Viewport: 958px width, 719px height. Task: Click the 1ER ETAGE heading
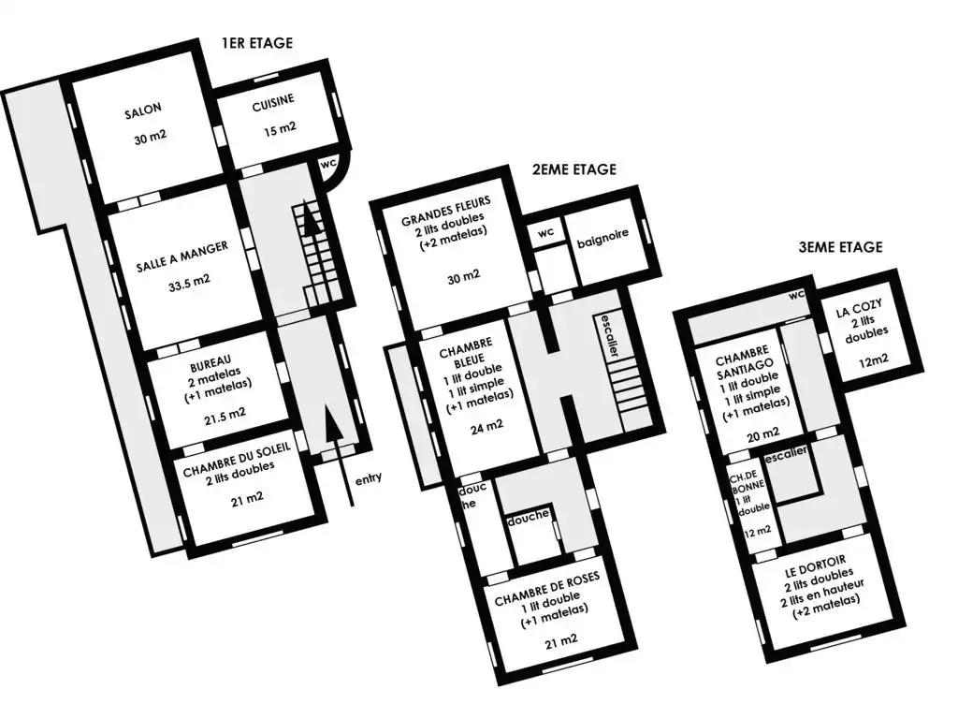(257, 43)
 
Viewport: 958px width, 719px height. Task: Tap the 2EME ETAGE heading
(573, 169)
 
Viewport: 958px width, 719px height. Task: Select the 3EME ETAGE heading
(841, 247)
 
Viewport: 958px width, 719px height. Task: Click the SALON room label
(143, 111)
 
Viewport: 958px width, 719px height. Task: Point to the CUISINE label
(273, 103)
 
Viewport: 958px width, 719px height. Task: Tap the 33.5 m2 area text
(189, 282)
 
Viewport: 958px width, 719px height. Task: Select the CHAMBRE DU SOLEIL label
(237, 458)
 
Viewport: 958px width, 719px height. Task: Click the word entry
(369, 478)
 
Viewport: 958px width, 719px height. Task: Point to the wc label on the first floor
(328, 163)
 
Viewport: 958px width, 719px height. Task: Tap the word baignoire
(602, 239)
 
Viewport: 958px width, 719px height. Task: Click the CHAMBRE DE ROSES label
(546, 589)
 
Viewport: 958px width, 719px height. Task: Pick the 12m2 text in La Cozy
(874, 360)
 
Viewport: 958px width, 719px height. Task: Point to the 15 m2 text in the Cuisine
(280, 129)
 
